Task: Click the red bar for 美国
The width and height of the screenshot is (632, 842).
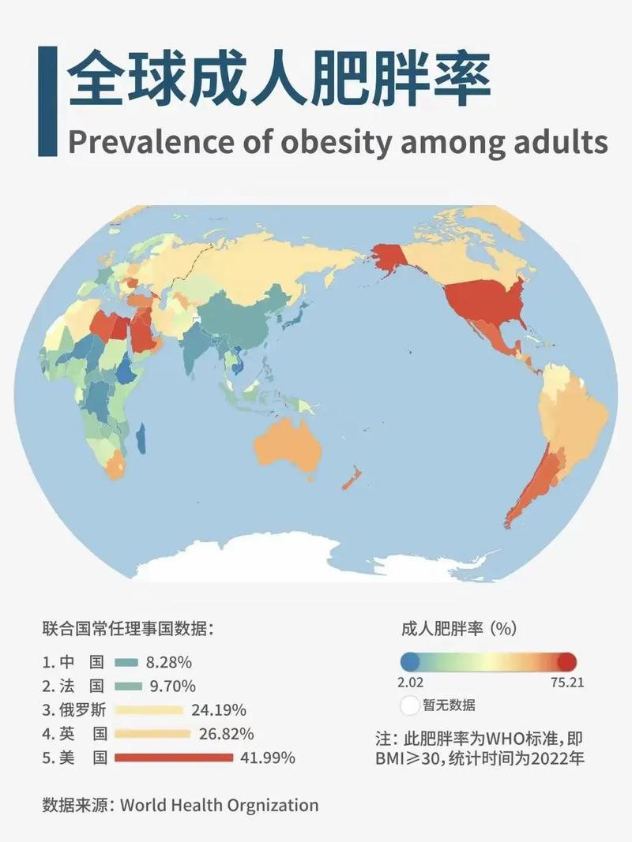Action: [x=174, y=758]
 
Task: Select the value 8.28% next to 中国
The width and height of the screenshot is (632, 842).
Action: [x=169, y=661]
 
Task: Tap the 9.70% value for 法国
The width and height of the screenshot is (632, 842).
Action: [x=171, y=686]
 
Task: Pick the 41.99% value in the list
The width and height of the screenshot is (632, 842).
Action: [x=268, y=758]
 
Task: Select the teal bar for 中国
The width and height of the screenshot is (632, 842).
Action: [x=126, y=661]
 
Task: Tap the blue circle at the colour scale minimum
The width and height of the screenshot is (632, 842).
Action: [x=410, y=662]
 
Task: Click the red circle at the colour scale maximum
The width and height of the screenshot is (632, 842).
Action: [x=567, y=662]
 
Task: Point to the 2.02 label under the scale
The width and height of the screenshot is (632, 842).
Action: [x=411, y=683]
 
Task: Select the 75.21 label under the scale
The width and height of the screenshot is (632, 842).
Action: [x=567, y=683]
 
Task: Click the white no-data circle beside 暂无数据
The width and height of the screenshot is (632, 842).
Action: [x=411, y=705]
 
